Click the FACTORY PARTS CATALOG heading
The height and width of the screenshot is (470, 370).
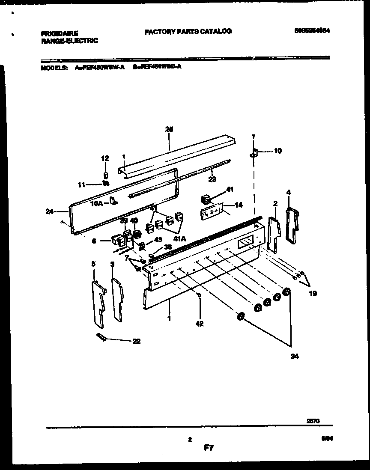coord(188,31)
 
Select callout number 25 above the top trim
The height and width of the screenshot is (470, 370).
coord(169,128)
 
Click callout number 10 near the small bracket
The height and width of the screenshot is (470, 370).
coord(277,151)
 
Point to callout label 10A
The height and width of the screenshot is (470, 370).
coord(97,204)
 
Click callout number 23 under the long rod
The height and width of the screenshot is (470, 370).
coord(212,179)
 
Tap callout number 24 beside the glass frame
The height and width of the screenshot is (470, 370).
coord(50,211)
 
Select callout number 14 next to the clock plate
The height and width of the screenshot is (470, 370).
coord(238,205)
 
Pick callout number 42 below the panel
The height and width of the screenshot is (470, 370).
coord(200,324)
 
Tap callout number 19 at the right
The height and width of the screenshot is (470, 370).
coord(313,294)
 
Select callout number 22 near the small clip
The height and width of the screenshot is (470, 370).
coord(137,342)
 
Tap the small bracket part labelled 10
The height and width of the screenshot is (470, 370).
coord(254,153)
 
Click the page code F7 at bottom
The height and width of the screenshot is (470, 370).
coord(208,449)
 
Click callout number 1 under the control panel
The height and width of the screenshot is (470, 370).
coord(170,318)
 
